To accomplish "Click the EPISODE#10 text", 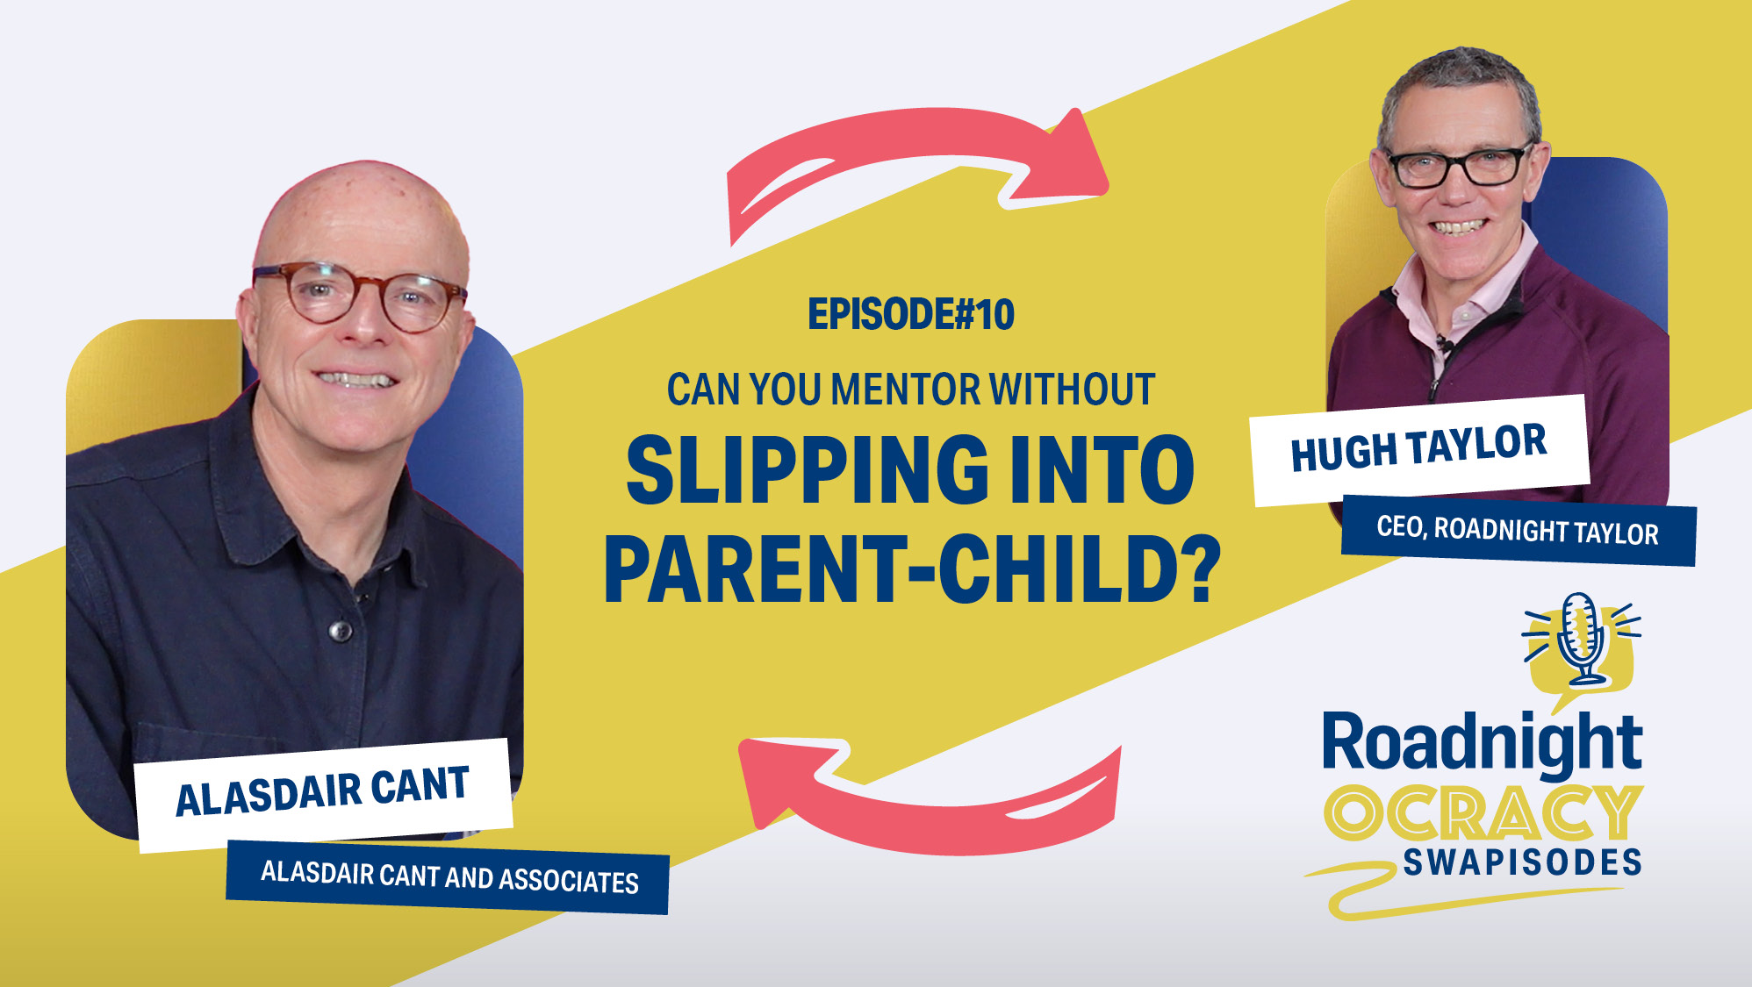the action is (911, 314).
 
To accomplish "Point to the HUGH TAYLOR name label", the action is (1418, 448).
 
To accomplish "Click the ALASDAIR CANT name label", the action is (322, 790).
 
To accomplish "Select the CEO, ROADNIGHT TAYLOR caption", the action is (1518, 530).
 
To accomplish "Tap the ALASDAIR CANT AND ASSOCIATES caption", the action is (449, 876).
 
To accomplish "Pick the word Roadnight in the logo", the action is (1482, 744).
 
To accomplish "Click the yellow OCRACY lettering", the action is (1483, 812).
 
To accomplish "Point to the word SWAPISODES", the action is (1522, 862).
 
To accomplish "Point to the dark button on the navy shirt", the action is (339, 630).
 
